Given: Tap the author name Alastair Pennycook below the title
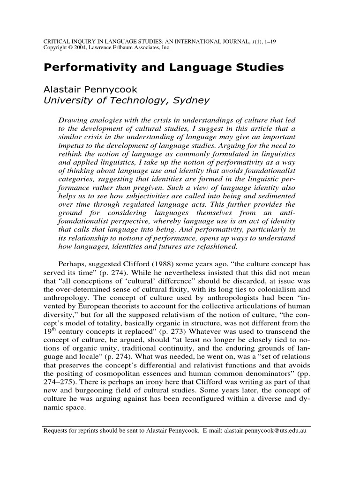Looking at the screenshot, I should (x=87, y=89).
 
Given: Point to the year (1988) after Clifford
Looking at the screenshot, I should (x=146, y=263).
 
